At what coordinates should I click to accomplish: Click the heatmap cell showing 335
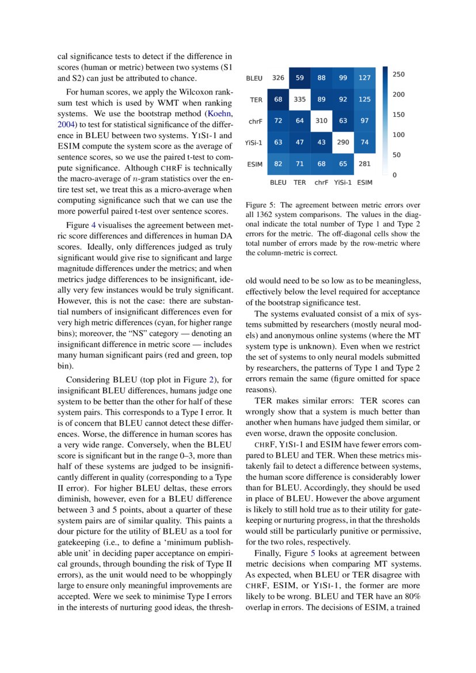click(x=300, y=100)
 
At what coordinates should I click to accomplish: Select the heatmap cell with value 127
click(x=364, y=78)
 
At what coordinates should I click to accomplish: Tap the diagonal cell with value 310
click(x=321, y=121)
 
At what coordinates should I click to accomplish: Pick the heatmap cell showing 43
click(x=321, y=142)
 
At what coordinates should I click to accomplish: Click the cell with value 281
click(x=364, y=164)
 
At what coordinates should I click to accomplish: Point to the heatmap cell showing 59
click(x=300, y=78)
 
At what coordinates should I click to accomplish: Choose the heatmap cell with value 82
click(x=279, y=164)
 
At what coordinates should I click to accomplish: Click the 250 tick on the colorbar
click(x=398, y=74)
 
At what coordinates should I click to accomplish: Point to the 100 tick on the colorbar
click(x=398, y=135)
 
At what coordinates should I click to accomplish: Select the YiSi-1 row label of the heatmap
click(x=254, y=143)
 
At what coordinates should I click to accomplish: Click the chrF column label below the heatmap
click(x=321, y=182)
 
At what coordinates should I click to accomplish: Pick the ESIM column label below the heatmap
click(x=364, y=182)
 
